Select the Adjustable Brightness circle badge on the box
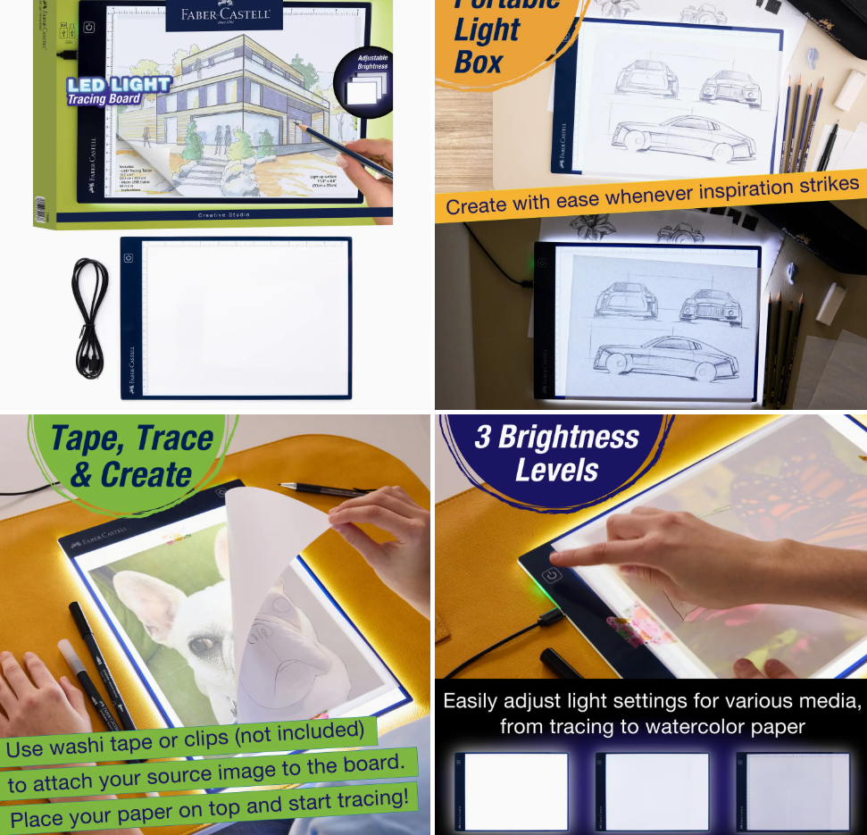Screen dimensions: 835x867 coord(363,81)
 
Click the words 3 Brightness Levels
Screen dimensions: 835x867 coord(556,453)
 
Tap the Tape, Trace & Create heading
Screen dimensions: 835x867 coord(131,456)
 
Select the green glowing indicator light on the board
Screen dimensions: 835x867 coord(539,589)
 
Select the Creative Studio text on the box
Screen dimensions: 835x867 coord(223,215)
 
